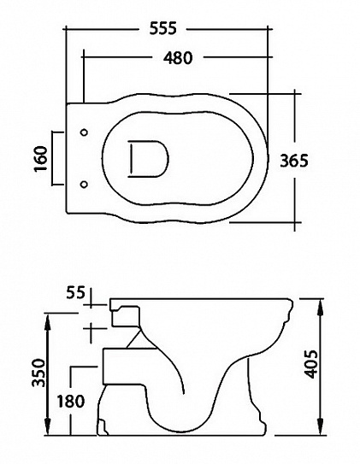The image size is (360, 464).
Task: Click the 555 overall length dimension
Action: pyautogui.click(x=163, y=28)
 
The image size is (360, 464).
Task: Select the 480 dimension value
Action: pyautogui.click(x=174, y=58)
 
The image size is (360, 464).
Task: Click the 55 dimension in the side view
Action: pyautogui.click(x=75, y=293)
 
